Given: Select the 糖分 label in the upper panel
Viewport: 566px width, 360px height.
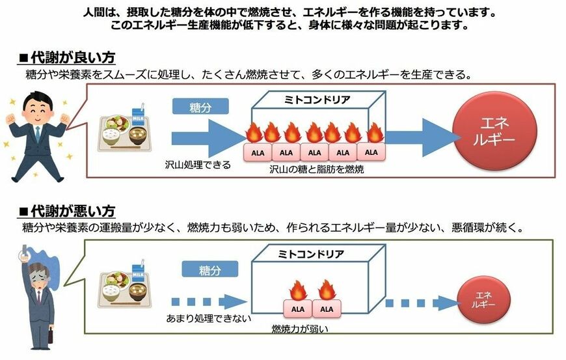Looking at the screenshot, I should (200, 106).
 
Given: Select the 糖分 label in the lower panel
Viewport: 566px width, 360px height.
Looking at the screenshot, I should (208, 270).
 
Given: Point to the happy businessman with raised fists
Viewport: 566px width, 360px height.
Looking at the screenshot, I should (36, 133).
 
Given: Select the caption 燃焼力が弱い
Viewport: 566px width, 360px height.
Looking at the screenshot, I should (300, 329).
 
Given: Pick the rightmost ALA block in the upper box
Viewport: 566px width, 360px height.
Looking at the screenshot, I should (371, 152).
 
